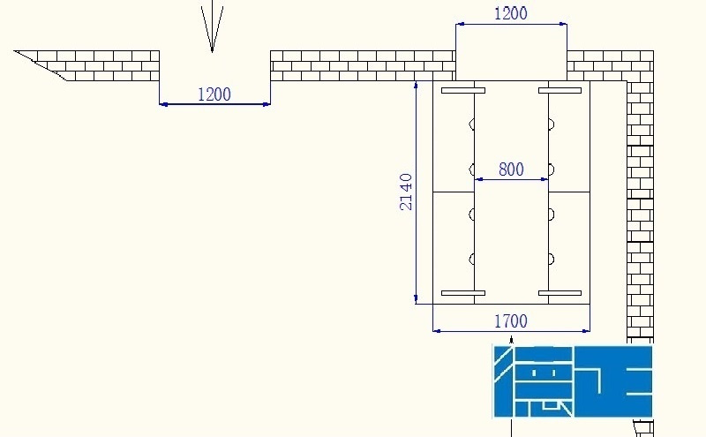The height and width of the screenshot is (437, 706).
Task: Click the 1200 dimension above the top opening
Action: (511, 13)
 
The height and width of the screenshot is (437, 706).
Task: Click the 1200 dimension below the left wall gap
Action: (214, 94)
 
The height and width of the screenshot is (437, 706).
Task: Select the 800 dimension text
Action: (511, 169)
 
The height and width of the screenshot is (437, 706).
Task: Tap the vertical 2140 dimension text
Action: (406, 191)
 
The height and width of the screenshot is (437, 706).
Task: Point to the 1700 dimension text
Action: (511, 321)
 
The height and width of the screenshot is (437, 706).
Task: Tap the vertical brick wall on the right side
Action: (640, 212)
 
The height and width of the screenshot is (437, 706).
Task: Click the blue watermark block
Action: (573, 380)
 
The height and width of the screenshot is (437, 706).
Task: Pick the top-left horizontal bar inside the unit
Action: (463, 91)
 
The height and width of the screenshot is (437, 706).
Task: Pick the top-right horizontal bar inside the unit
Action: (560, 91)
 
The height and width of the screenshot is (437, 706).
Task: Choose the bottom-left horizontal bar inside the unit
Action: (463, 293)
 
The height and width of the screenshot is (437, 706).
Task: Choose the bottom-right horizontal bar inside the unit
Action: (560, 293)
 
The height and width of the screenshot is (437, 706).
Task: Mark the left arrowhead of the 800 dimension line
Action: (479, 179)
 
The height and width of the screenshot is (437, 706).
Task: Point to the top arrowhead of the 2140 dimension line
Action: (416, 86)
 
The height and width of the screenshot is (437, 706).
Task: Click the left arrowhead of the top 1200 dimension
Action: (460, 25)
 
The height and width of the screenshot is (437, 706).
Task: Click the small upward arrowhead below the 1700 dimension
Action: (511, 338)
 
